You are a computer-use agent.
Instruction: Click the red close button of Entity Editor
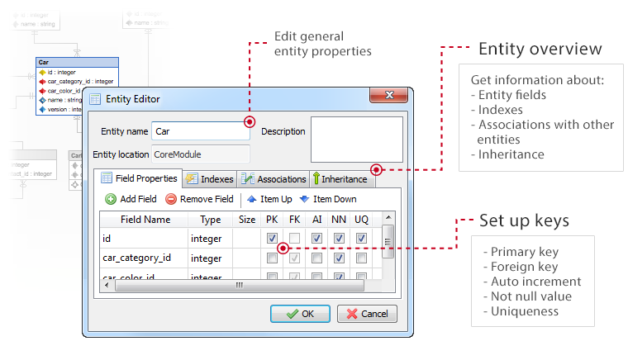383,97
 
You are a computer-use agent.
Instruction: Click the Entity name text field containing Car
201,130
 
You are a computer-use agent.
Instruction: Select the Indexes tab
210,179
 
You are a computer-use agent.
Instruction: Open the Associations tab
273,179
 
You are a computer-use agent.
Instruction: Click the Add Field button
131,199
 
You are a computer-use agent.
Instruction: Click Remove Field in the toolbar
199,199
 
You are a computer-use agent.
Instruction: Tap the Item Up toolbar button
269,199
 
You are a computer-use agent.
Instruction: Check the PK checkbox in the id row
272,238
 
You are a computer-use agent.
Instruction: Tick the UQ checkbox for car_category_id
361,258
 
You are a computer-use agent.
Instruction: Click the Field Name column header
145,220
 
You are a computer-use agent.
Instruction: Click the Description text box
356,139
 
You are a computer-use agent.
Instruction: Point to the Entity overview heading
540,49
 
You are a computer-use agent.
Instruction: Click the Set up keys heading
523,221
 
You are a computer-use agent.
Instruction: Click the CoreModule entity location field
201,154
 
